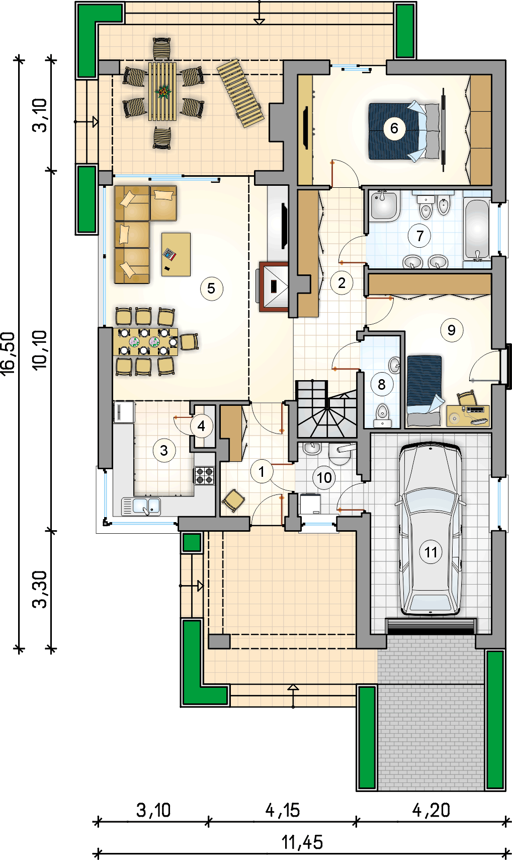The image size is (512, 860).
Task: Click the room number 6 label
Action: (x=394, y=128)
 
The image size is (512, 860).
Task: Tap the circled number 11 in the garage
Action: (x=431, y=552)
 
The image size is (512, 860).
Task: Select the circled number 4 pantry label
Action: (x=201, y=426)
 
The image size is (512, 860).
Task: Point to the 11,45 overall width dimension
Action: (x=302, y=842)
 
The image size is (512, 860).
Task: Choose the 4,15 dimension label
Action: (x=283, y=810)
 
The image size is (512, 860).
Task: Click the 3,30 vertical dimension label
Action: (x=40, y=589)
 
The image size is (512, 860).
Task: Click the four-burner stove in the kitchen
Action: (x=205, y=476)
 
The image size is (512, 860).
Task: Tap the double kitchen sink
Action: (x=141, y=506)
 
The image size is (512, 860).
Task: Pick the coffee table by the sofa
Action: (x=176, y=254)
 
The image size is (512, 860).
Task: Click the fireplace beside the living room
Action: (x=274, y=286)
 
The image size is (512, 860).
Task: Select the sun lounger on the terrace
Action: (x=240, y=93)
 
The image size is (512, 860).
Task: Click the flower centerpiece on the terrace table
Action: (x=164, y=91)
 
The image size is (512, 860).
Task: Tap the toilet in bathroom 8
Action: (x=382, y=415)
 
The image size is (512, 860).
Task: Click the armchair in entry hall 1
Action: (x=233, y=500)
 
